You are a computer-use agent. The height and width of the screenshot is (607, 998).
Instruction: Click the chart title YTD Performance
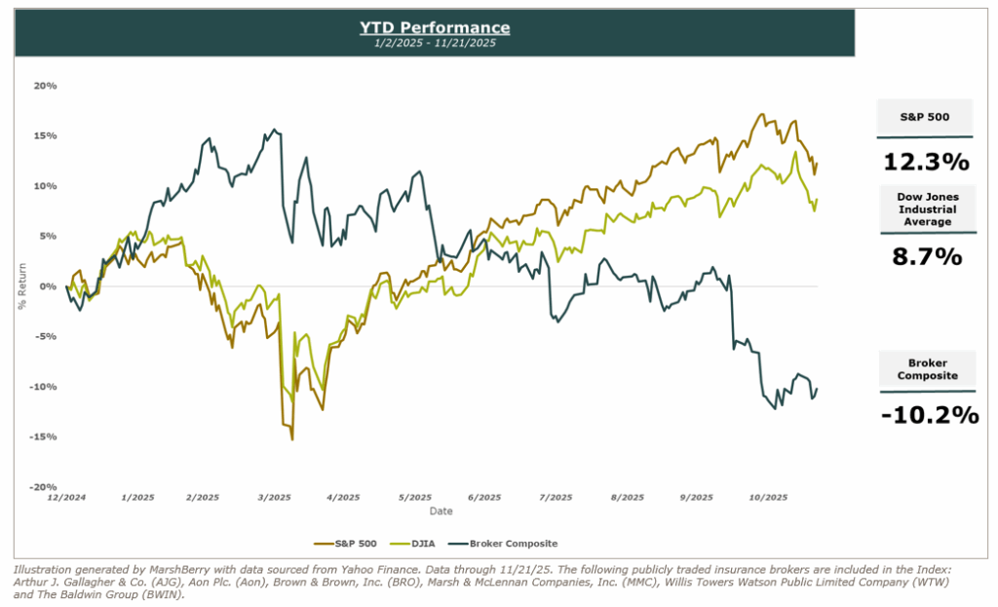pyautogui.click(x=434, y=26)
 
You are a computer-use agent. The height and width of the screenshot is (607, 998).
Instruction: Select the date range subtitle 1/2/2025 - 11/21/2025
pyautogui.click(x=434, y=43)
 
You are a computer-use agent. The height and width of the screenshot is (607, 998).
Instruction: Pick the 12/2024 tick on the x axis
pyautogui.click(x=66, y=497)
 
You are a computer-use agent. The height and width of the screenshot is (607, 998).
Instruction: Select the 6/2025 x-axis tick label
pyautogui.click(x=483, y=497)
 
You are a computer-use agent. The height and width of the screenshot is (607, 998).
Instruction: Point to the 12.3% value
pyautogui.click(x=926, y=161)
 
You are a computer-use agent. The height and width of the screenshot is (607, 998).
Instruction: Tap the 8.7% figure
pyautogui.click(x=926, y=257)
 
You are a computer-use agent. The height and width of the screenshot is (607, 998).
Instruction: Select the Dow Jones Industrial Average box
pyautogui.click(x=926, y=209)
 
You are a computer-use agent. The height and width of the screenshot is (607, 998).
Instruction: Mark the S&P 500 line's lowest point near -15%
pyautogui.click(x=292, y=439)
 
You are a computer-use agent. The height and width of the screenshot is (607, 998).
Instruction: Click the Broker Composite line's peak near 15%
pyautogui.click(x=274, y=130)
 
